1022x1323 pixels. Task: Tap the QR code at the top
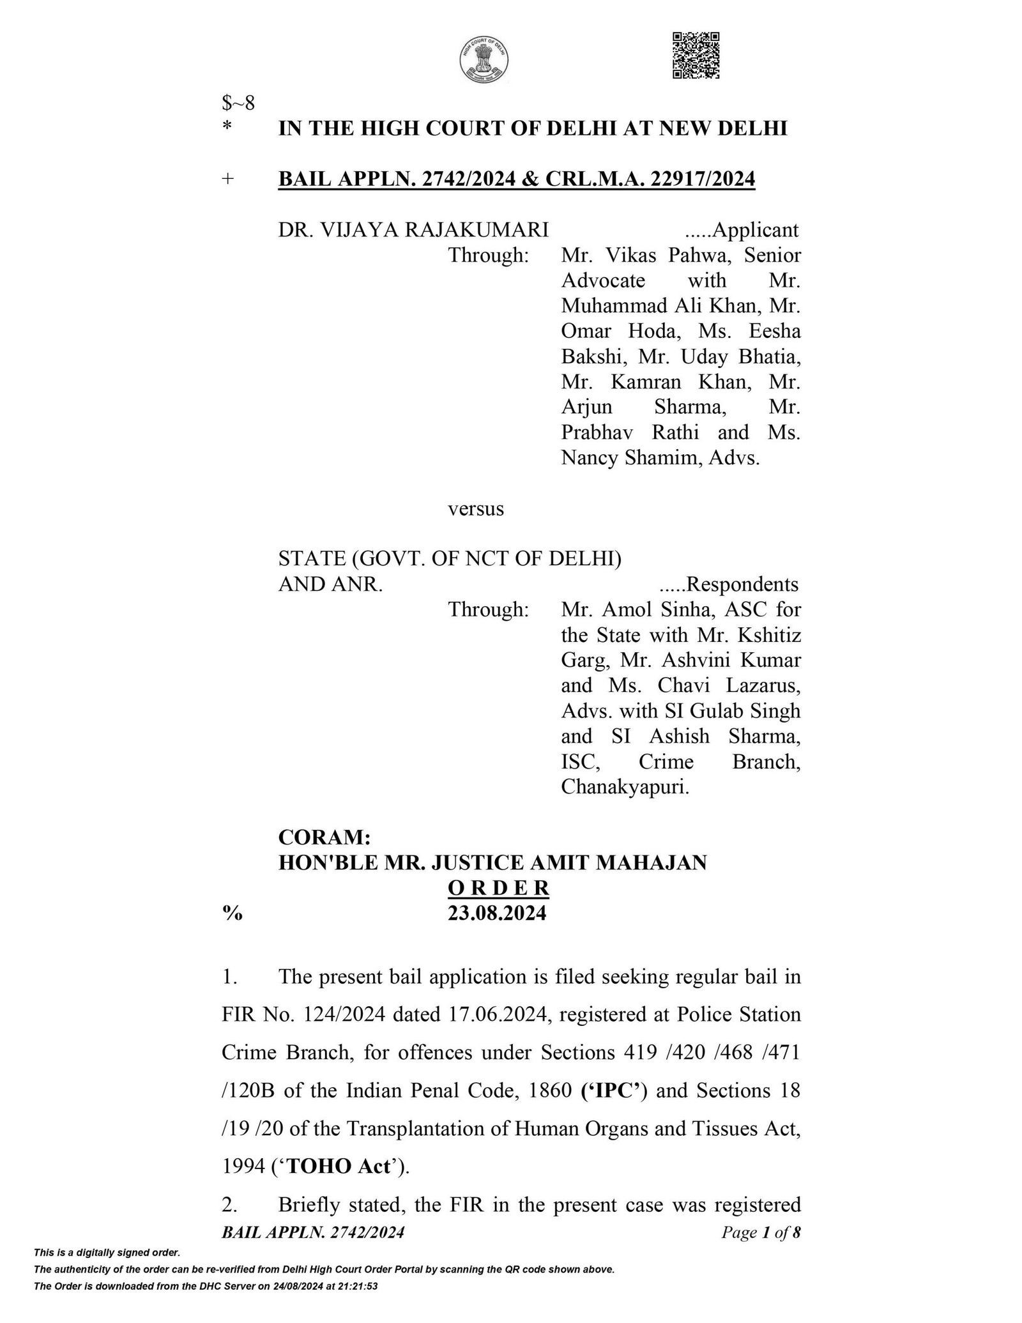tap(696, 56)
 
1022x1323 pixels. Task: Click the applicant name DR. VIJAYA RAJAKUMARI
tap(413, 229)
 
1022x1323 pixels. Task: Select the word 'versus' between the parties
tap(476, 509)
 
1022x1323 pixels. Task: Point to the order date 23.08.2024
tap(497, 914)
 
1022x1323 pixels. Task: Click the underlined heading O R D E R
tap(498, 888)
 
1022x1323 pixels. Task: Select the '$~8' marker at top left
tap(238, 103)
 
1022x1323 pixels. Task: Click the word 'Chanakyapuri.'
tap(625, 788)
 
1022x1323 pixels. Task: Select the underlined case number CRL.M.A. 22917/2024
tap(650, 180)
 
